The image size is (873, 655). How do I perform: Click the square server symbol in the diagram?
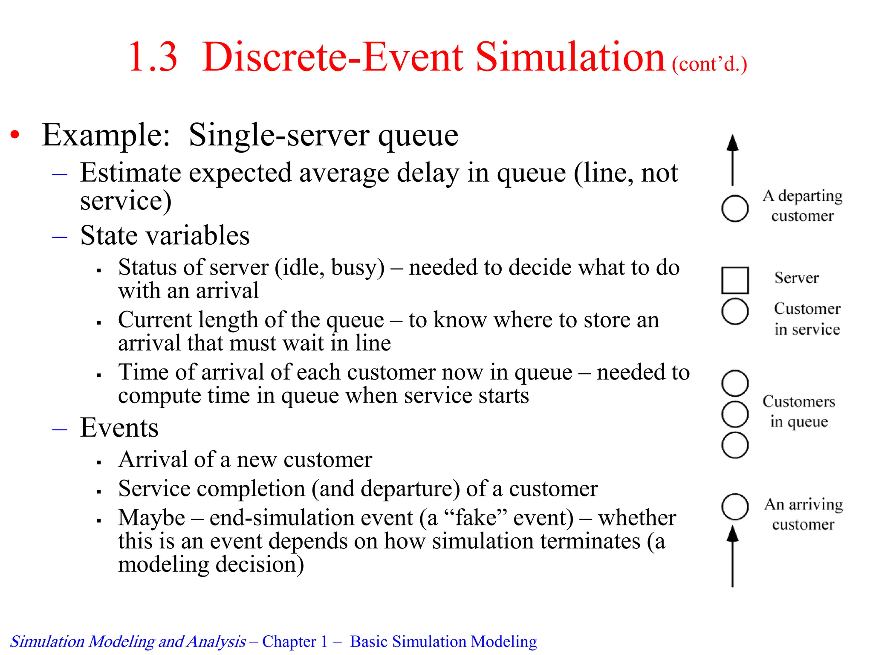[735, 280]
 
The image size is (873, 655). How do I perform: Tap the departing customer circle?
[735, 209]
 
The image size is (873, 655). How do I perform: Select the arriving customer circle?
[735, 507]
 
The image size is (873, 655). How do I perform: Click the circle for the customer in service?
[735, 311]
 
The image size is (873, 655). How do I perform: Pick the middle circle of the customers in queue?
[735, 414]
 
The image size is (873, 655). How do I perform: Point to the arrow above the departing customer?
[732, 159]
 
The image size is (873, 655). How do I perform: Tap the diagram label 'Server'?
[796, 278]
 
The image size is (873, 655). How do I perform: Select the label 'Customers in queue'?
[799, 411]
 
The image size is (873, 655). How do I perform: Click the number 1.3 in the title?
[153, 57]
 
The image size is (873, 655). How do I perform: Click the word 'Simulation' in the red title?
[569, 57]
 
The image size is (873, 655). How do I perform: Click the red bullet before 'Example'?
[15, 135]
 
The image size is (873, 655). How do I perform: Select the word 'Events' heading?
[119, 427]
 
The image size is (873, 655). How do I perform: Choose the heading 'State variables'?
[165, 235]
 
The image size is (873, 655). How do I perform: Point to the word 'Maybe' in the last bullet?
[152, 518]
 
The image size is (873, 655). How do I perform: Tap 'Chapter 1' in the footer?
[295, 641]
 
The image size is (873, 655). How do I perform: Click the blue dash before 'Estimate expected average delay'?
[60, 174]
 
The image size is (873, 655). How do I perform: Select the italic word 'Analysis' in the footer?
[216, 641]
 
